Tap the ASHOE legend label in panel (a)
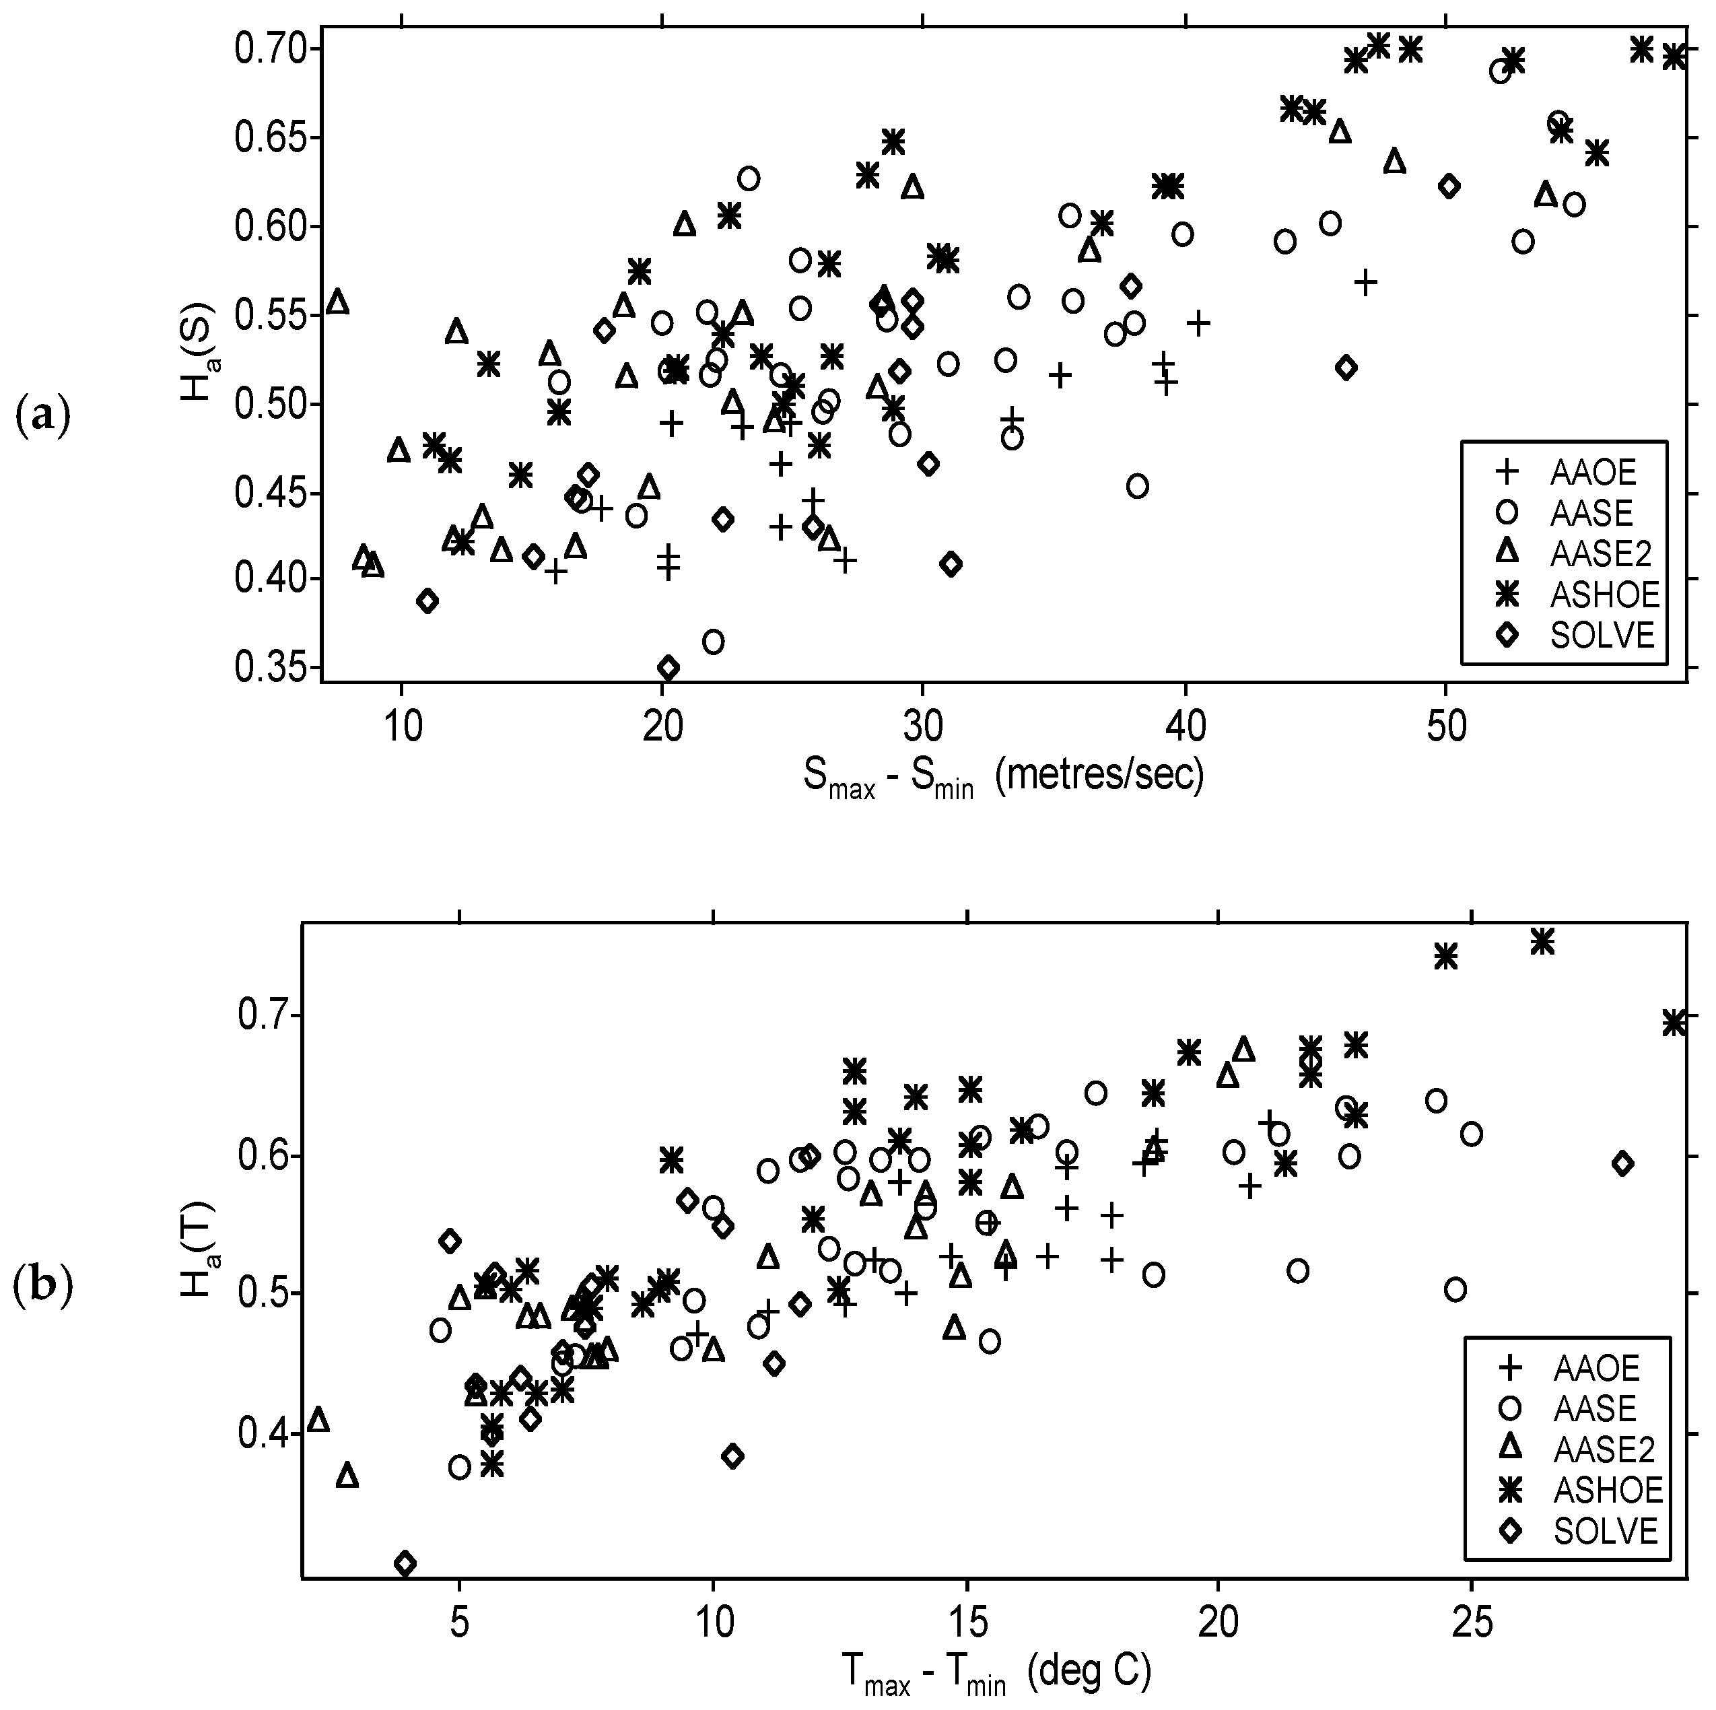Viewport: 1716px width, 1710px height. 1605,594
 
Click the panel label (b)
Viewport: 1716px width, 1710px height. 42,1287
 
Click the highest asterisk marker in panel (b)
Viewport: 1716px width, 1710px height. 1543,942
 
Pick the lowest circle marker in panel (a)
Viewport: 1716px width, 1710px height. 713,642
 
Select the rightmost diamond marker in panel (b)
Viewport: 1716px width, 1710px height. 1622,1164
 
